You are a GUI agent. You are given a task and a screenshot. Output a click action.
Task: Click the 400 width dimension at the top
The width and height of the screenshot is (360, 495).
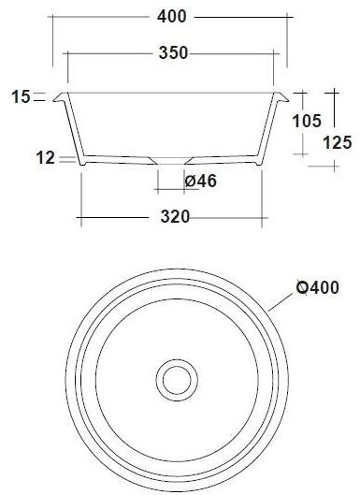click(x=172, y=17)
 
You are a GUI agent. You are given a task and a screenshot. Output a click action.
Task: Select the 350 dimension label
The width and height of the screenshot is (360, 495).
click(x=174, y=52)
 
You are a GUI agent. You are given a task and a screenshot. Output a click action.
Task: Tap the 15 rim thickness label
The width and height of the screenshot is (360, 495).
click(x=22, y=96)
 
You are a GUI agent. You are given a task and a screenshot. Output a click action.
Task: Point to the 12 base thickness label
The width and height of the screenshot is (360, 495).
click(x=46, y=158)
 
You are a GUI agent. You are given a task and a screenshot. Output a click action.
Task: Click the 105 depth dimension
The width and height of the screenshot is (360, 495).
click(x=307, y=121)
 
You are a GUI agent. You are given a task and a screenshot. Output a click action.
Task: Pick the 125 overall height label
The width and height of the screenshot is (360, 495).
click(x=338, y=142)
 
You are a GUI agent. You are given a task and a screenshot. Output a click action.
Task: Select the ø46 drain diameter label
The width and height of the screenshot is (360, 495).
click(x=201, y=182)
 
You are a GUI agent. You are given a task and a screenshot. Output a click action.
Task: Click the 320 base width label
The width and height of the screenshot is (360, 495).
click(x=175, y=217)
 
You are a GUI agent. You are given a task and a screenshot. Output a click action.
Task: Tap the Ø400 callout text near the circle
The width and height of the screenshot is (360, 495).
click(x=318, y=287)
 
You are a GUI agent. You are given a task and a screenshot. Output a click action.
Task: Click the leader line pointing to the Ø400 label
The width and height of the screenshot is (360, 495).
click(x=279, y=302)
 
